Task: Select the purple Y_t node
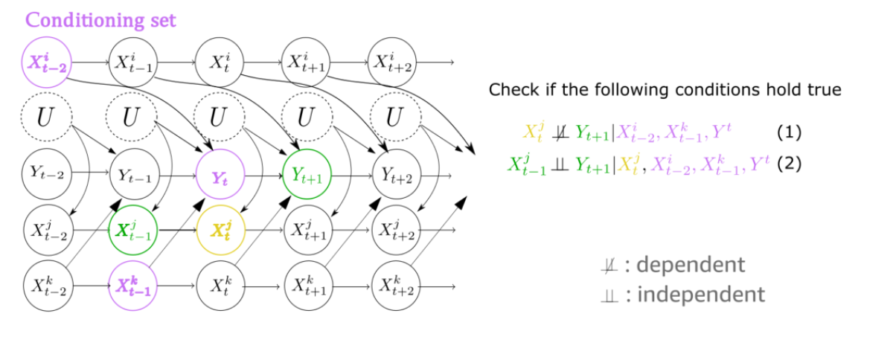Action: [220, 176]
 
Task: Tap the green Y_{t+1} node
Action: [306, 176]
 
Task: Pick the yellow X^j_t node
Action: [220, 230]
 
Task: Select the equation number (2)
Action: [790, 164]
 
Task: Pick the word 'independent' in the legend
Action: [694, 295]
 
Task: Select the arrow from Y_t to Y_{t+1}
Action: [263, 176]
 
